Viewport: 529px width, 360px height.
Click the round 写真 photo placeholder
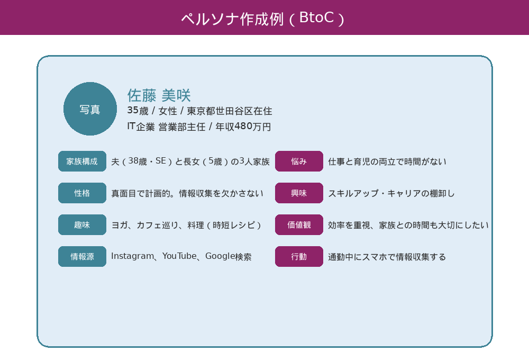coord(90,109)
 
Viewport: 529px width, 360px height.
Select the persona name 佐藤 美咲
coord(159,95)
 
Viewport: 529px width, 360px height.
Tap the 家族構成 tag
coord(82,161)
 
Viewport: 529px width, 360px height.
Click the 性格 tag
coord(82,193)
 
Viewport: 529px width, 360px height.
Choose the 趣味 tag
coord(82,225)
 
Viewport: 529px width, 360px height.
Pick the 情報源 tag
coord(82,257)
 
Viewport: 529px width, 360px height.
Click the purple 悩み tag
coord(299,161)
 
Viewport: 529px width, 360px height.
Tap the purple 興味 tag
coord(299,193)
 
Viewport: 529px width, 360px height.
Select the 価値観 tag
coord(299,225)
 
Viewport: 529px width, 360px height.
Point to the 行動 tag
coord(299,257)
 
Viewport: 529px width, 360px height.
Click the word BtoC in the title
coord(316,17)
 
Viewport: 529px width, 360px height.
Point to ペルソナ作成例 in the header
coord(232,19)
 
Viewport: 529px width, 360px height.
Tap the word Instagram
coord(132,256)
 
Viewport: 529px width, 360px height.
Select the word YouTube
coord(179,256)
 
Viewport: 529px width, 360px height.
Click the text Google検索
coord(228,257)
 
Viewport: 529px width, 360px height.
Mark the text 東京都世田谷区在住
coord(230,111)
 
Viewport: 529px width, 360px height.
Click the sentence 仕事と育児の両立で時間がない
coord(387,161)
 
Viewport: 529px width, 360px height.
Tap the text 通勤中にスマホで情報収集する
coord(387,257)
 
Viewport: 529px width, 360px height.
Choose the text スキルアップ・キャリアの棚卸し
coord(391,193)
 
